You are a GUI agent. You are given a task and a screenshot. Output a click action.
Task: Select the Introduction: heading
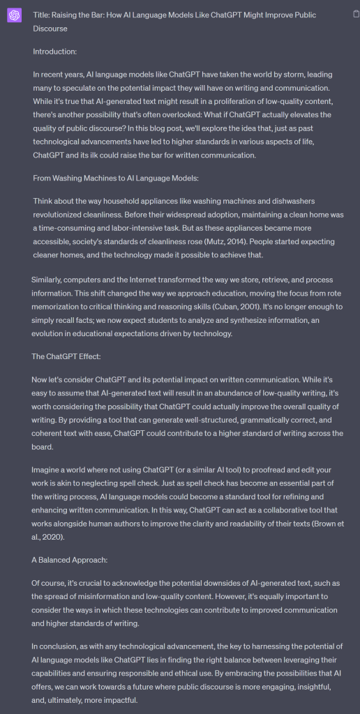coord(57,51)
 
